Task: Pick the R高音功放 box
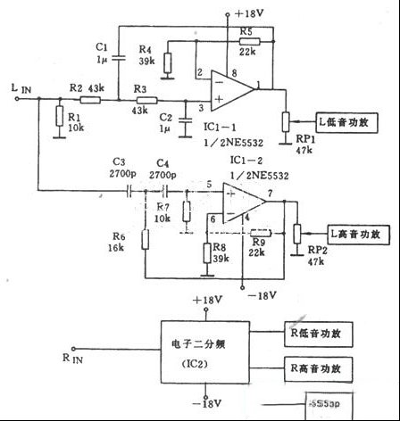click(317, 367)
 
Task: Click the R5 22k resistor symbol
click(249, 41)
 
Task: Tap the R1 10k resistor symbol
click(58, 118)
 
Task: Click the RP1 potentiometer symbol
click(286, 120)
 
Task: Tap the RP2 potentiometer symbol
click(296, 233)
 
